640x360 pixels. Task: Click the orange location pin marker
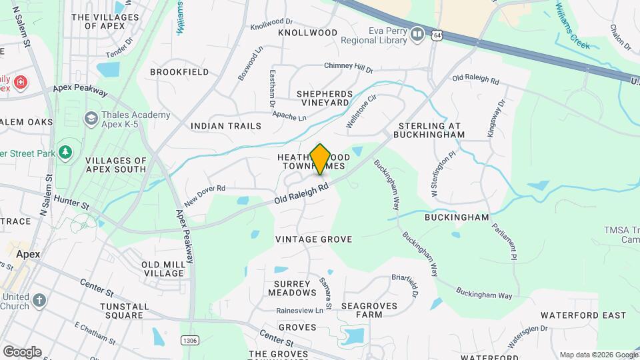click(x=320, y=159)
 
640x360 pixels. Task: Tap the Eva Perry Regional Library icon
click(x=417, y=33)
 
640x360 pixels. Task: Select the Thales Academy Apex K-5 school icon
click(x=91, y=118)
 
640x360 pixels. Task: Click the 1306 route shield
click(x=189, y=340)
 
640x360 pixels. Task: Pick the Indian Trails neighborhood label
click(x=223, y=125)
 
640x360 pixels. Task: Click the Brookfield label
click(x=179, y=71)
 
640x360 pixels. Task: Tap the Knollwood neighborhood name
click(x=307, y=32)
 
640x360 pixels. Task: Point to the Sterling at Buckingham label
click(x=430, y=130)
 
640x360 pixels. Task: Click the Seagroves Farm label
click(x=369, y=310)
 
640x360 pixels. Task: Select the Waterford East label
click(x=583, y=315)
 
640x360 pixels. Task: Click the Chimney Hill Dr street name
click(x=349, y=67)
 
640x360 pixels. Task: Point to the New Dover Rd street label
click(x=205, y=195)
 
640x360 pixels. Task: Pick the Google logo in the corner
click(x=22, y=351)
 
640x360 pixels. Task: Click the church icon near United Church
click(x=39, y=301)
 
